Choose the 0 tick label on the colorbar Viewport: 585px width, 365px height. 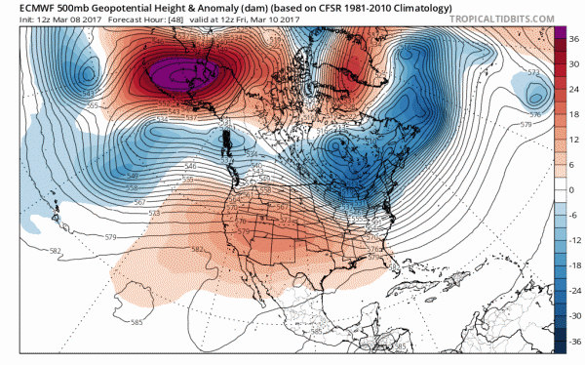(571, 190)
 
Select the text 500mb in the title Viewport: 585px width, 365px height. (79, 9)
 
